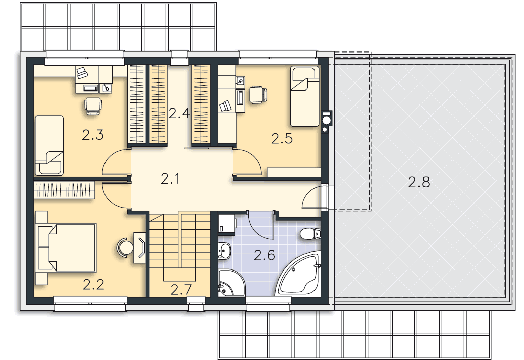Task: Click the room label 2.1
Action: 170,178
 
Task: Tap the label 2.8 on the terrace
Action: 418,182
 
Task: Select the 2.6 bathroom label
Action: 264,255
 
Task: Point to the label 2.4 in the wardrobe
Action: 179,113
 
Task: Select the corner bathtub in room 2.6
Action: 299,275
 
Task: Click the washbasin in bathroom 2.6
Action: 224,251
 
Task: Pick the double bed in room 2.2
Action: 67,247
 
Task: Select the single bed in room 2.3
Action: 49,145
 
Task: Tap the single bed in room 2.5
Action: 304,97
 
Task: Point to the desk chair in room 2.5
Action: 259,94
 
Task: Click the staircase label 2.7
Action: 181,290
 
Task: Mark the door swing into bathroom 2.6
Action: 261,225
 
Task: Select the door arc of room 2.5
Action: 248,162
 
